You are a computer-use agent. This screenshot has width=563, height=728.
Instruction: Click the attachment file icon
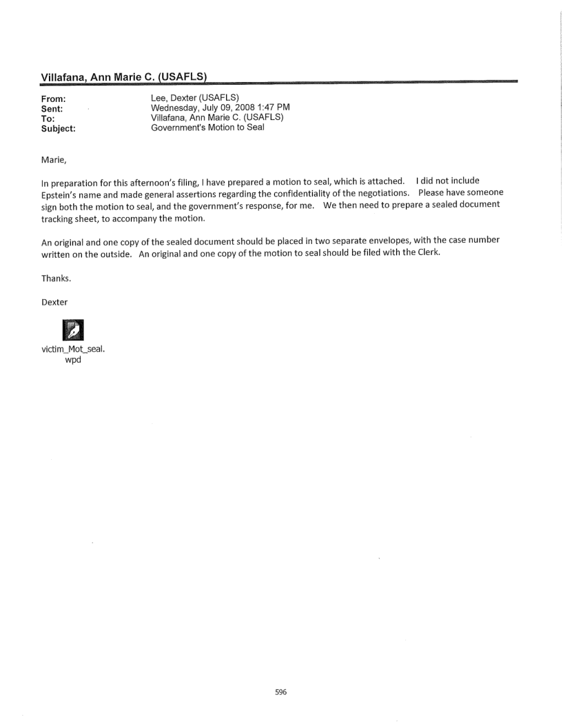pyautogui.click(x=72, y=330)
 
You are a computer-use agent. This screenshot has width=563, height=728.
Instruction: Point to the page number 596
pyautogui.click(x=281, y=693)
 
